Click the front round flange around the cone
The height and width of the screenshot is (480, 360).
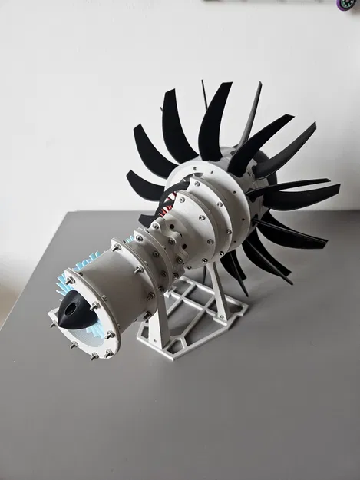tap(92, 338)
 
